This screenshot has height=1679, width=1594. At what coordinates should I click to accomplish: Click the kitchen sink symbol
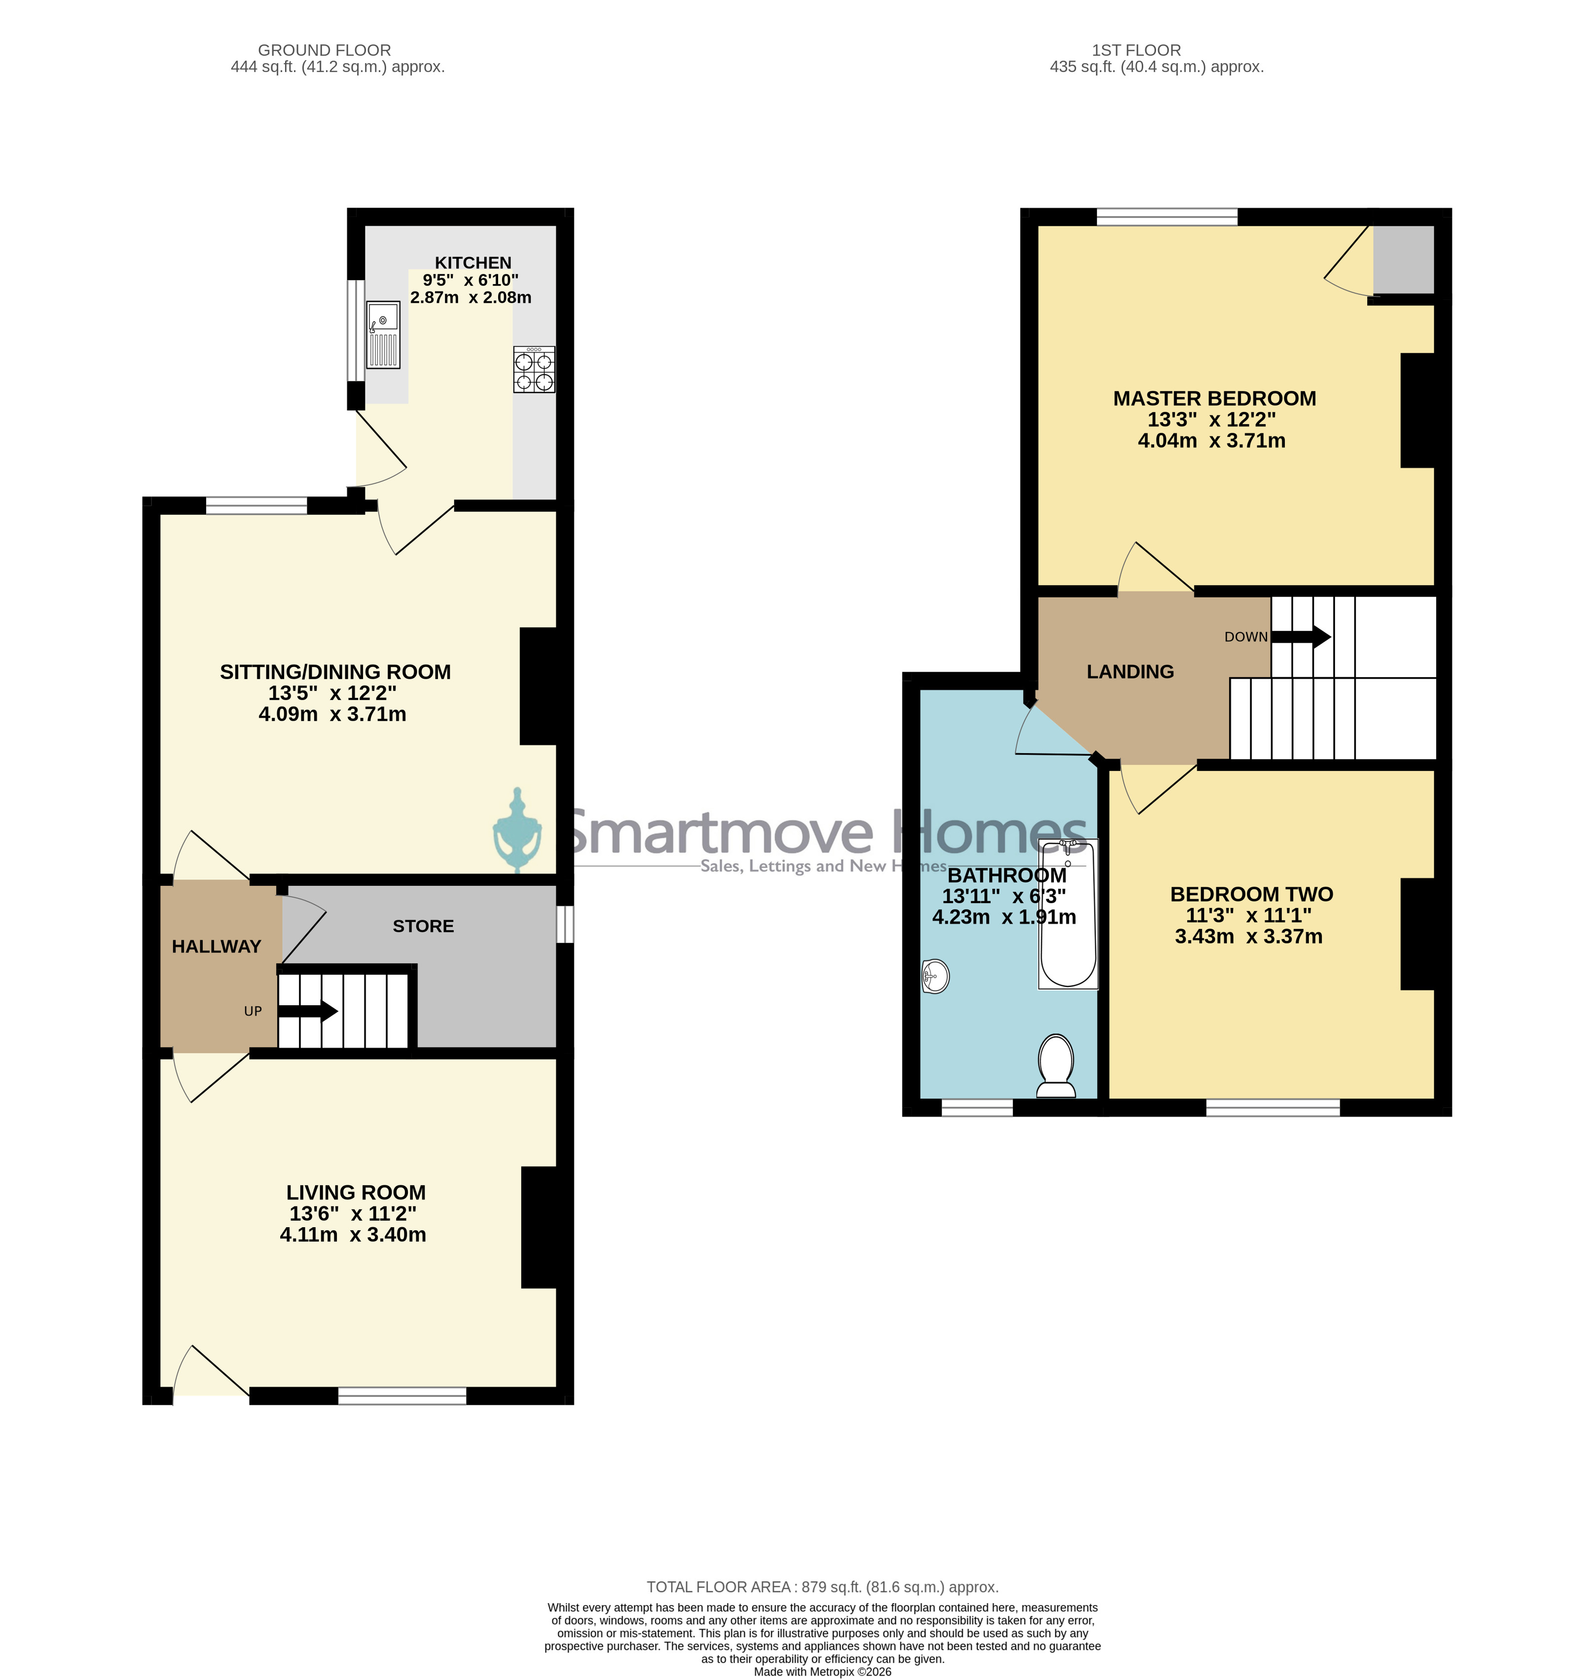383,335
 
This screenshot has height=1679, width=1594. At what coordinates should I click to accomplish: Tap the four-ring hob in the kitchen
535,369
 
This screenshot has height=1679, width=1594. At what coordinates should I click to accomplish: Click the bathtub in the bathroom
1068,913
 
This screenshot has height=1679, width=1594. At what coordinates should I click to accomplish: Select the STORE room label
423,926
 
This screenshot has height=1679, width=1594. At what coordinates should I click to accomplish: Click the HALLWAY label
217,947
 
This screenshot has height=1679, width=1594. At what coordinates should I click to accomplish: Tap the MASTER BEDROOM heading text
1214,399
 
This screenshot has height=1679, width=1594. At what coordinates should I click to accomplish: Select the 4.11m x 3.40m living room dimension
354,1235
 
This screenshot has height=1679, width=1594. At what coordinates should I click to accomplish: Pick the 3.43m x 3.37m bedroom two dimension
1248,936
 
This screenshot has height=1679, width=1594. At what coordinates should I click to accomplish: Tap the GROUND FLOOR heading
325,50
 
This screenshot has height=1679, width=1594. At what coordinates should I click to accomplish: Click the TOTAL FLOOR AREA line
823,1586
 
